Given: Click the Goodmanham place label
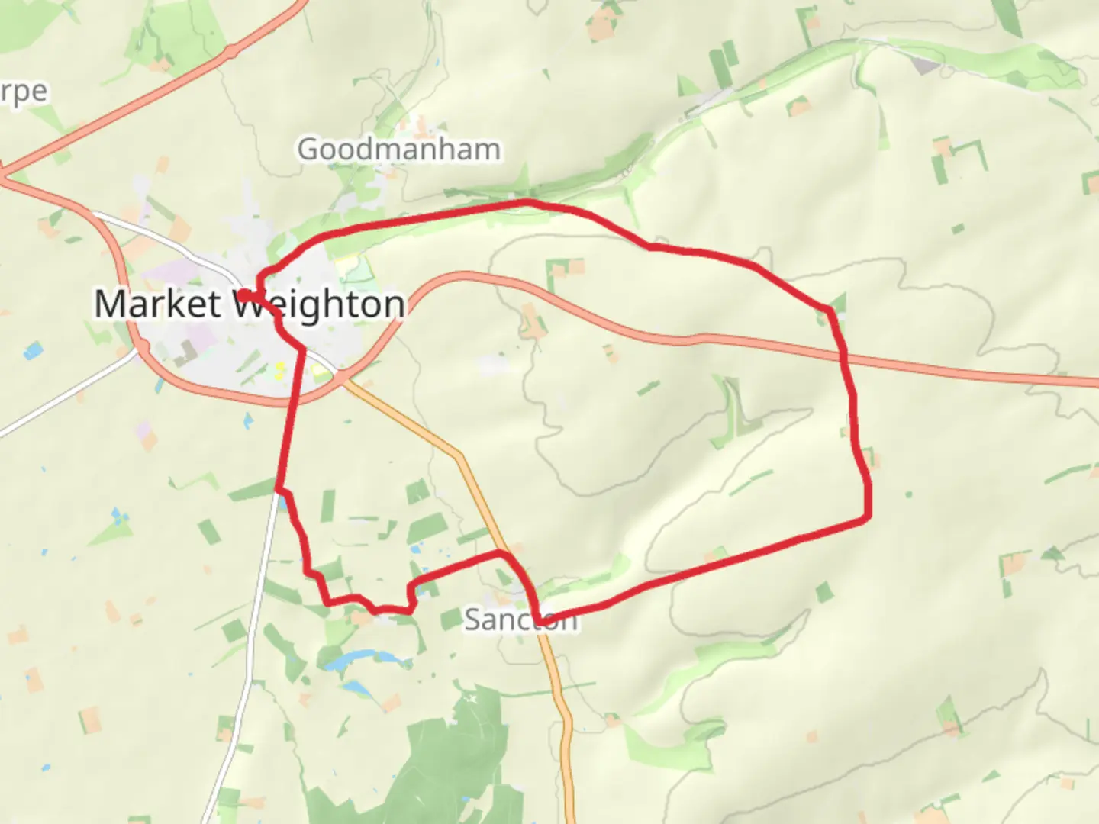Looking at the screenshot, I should point(398,150).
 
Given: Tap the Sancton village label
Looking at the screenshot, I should point(520,619).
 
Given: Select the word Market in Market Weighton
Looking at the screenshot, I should point(157,304).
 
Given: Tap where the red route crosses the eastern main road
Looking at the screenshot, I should point(844,355).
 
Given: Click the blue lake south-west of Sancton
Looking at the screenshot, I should point(353,659).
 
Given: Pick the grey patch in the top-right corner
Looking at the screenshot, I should point(925,65).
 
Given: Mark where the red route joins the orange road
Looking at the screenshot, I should point(501,552).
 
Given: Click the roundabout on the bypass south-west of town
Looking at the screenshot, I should point(140,349).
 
